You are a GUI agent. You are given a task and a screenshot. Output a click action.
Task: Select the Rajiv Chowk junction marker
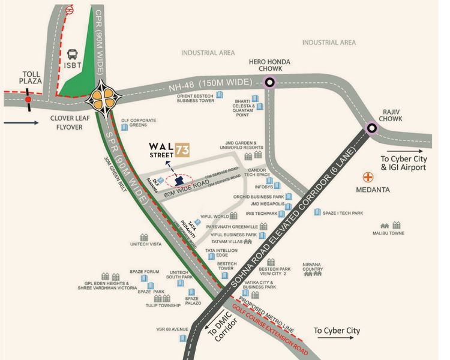[x=372, y=127]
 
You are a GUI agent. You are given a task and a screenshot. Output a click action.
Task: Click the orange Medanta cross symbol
[x=367, y=178]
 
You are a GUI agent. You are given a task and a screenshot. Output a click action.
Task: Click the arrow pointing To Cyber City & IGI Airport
[x=408, y=151]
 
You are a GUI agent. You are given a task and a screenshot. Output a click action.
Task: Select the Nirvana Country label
[x=313, y=269]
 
